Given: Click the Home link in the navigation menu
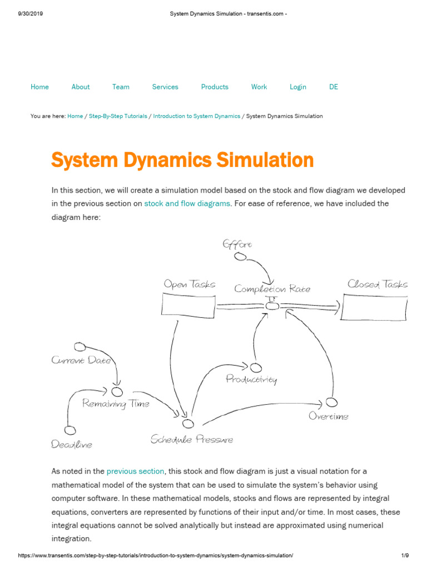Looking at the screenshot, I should point(39,87).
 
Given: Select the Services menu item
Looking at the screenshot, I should point(165,87).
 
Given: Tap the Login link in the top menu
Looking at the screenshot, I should point(298,87).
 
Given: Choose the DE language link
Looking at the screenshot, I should point(334,87).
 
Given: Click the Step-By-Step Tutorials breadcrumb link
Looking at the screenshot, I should point(118,116).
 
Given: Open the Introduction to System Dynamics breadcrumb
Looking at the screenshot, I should point(197,116).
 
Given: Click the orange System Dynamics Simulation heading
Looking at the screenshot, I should point(182,160).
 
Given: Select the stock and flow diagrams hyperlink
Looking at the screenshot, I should point(187,204).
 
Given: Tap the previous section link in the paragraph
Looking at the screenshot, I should point(136,471).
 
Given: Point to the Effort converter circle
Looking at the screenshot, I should point(240,257).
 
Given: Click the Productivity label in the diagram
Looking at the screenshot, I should point(251,380).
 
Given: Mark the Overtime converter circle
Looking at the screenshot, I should point(331,402).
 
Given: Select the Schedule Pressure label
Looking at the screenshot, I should point(192,440).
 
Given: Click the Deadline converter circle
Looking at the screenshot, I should point(69,430).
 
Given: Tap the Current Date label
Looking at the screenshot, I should point(81,360).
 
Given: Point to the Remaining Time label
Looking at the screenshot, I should point(116,404).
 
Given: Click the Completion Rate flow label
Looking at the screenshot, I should point(272,289).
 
